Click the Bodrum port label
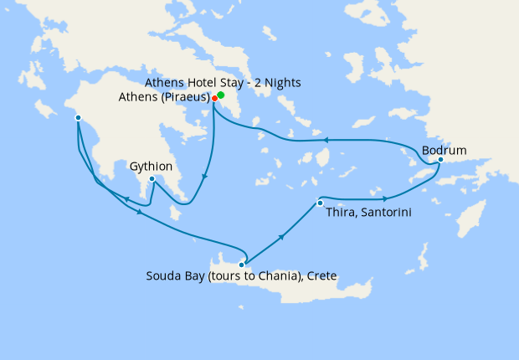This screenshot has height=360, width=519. coord(444,151)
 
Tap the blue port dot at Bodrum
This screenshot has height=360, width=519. coord(440,159)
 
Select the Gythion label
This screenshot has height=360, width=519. coord(152,167)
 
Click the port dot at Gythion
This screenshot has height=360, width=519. coord(152,178)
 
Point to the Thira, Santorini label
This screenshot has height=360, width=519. coord(367,212)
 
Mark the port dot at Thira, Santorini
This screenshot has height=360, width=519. coord(319,203)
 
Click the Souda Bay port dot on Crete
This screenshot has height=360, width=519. coord(242,264)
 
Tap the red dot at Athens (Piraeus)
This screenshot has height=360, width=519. coord(215,98)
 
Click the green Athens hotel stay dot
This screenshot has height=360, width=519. coord(221,95)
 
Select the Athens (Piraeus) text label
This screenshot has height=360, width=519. coord(165,98)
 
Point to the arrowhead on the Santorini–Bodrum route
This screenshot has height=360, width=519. coord(384,199)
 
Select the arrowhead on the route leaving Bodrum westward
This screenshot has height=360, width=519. coord(325,140)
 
